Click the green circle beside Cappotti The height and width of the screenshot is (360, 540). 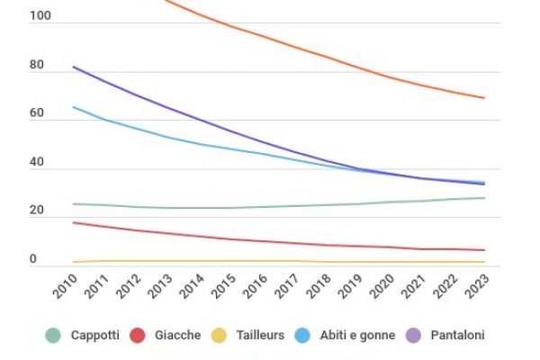click(53, 335)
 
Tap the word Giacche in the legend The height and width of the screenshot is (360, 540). click(178, 335)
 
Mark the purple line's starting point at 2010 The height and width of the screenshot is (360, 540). click(74, 67)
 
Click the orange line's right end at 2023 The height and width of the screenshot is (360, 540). click(485, 98)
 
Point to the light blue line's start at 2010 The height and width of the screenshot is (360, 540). click(74, 106)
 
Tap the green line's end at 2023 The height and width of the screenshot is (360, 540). click(485, 198)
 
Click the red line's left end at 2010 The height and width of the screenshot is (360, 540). click(74, 222)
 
